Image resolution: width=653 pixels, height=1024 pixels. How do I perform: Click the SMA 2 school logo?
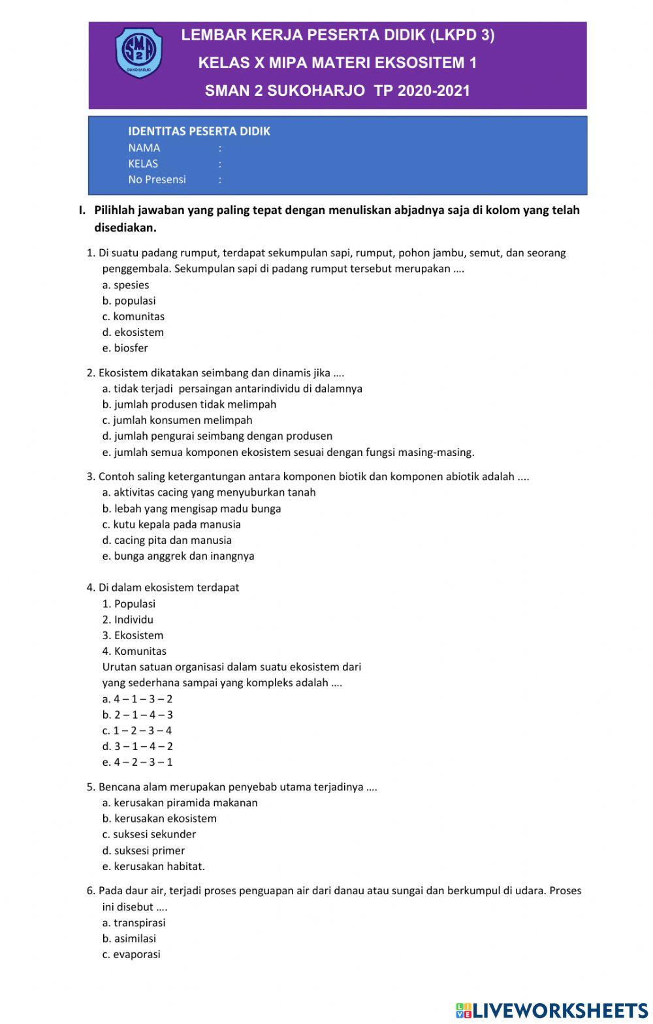(x=138, y=52)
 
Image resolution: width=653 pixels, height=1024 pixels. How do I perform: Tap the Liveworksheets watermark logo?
(x=551, y=1010)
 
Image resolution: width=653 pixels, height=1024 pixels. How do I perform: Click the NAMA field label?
(x=144, y=148)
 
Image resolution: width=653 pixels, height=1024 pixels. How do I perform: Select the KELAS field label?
(x=143, y=164)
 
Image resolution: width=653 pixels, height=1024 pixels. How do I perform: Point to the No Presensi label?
(x=157, y=179)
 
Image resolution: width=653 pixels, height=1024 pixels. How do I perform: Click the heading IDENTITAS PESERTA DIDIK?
(x=199, y=131)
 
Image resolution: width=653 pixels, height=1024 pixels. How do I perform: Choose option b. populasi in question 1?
(x=129, y=301)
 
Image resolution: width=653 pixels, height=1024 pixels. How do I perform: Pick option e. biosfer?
(x=125, y=348)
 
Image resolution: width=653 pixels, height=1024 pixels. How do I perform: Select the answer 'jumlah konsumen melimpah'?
(x=177, y=420)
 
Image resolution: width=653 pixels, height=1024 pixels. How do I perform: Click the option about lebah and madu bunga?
(x=191, y=508)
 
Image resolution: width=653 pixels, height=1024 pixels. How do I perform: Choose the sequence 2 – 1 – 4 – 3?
(x=137, y=715)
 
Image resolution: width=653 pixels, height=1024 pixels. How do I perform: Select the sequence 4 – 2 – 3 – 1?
(x=137, y=762)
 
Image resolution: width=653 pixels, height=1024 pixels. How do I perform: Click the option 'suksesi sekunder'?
(x=149, y=834)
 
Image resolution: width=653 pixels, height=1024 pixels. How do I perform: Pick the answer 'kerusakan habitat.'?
(x=153, y=866)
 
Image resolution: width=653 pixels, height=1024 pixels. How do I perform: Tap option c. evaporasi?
(x=131, y=954)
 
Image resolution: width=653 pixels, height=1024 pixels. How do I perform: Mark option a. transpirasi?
(x=134, y=922)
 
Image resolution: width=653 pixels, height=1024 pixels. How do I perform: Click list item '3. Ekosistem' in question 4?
(x=133, y=635)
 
